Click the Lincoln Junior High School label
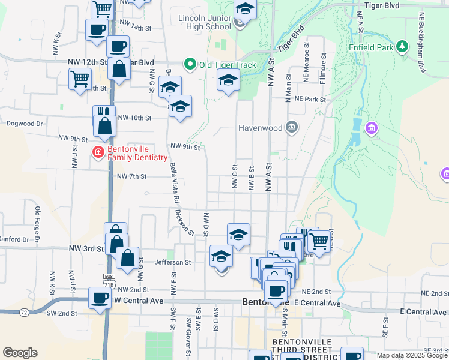[x=205, y=22]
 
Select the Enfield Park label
[x=370, y=47]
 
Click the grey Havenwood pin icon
[x=292, y=127]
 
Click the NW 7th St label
[x=132, y=176]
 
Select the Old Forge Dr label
[x=38, y=221]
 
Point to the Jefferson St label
[x=172, y=262]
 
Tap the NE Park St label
[x=314, y=99]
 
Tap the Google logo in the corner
[x=20, y=353]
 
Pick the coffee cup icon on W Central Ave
[x=100, y=298]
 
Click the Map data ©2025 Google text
[x=412, y=355]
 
